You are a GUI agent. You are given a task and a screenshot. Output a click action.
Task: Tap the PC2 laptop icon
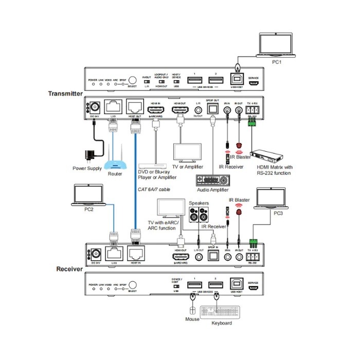[88, 195]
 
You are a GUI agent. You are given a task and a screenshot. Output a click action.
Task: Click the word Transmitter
[65, 94]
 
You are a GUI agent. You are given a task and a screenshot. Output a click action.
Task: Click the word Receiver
[69, 268]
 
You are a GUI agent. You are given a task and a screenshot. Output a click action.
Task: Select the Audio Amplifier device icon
[212, 182]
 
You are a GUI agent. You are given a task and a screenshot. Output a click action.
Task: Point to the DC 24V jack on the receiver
[95, 252]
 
